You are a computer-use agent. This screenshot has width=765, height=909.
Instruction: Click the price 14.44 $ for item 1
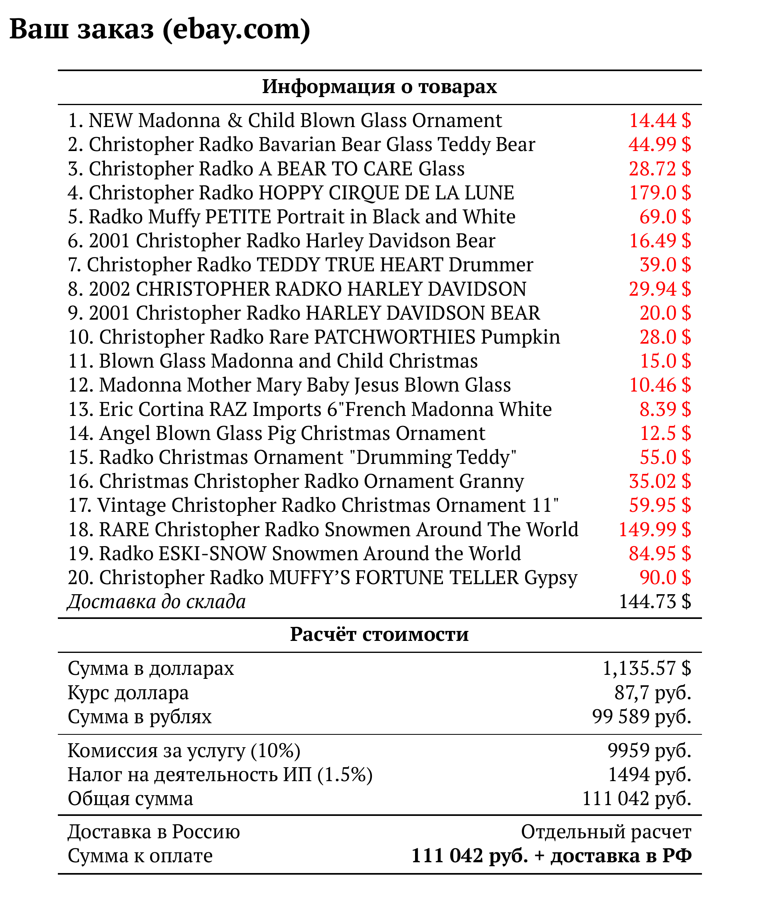[x=660, y=120]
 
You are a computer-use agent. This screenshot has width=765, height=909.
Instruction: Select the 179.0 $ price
[x=660, y=192]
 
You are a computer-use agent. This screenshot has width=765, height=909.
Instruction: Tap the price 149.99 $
[x=654, y=529]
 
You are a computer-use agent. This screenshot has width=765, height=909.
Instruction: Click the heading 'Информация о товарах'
[x=380, y=86]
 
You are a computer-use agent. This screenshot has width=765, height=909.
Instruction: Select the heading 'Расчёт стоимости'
[x=380, y=634]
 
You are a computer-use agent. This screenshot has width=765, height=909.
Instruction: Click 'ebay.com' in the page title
[x=236, y=29]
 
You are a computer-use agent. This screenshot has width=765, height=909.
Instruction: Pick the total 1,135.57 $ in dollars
[x=646, y=668]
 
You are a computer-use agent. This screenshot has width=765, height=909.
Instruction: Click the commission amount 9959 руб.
[x=649, y=750]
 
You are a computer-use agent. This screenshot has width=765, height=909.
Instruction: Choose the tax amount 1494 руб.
[x=650, y=774]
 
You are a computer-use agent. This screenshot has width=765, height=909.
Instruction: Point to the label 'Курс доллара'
[x=128, y=692]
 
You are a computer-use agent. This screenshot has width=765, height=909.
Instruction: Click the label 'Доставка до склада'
[x=156, y=602]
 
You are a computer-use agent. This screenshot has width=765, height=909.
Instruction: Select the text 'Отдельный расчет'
[x=606, y=832]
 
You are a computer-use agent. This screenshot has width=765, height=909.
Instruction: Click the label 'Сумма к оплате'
[x=140, y=855]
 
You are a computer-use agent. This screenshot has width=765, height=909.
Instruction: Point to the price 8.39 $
[x=665, y=409]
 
